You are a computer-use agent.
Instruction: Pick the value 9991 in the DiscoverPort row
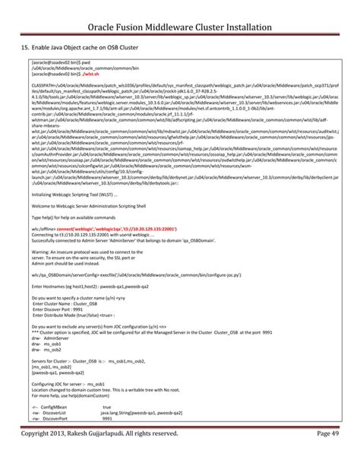point(107,418)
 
